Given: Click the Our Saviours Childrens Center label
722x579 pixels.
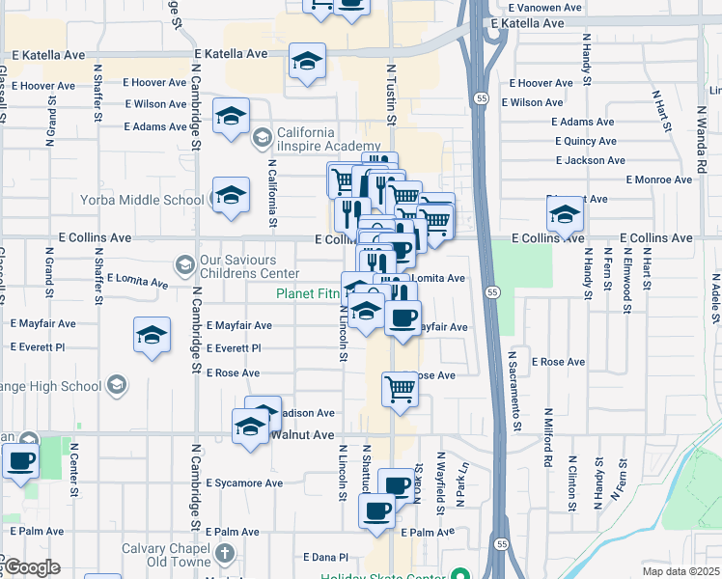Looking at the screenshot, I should [251, 267].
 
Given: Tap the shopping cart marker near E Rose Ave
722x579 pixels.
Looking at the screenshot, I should [400, 389].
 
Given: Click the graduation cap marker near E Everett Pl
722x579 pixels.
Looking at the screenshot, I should [152, 335].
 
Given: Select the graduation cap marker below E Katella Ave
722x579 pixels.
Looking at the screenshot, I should [306, 63].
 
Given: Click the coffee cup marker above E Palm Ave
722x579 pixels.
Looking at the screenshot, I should [377, 510].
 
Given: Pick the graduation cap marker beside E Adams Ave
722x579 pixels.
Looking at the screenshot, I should [231, 118].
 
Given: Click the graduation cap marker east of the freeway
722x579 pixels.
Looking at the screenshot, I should [565, 213].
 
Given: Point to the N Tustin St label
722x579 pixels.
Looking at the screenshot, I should [392, 95].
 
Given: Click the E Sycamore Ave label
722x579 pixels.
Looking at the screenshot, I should [244, 482].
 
